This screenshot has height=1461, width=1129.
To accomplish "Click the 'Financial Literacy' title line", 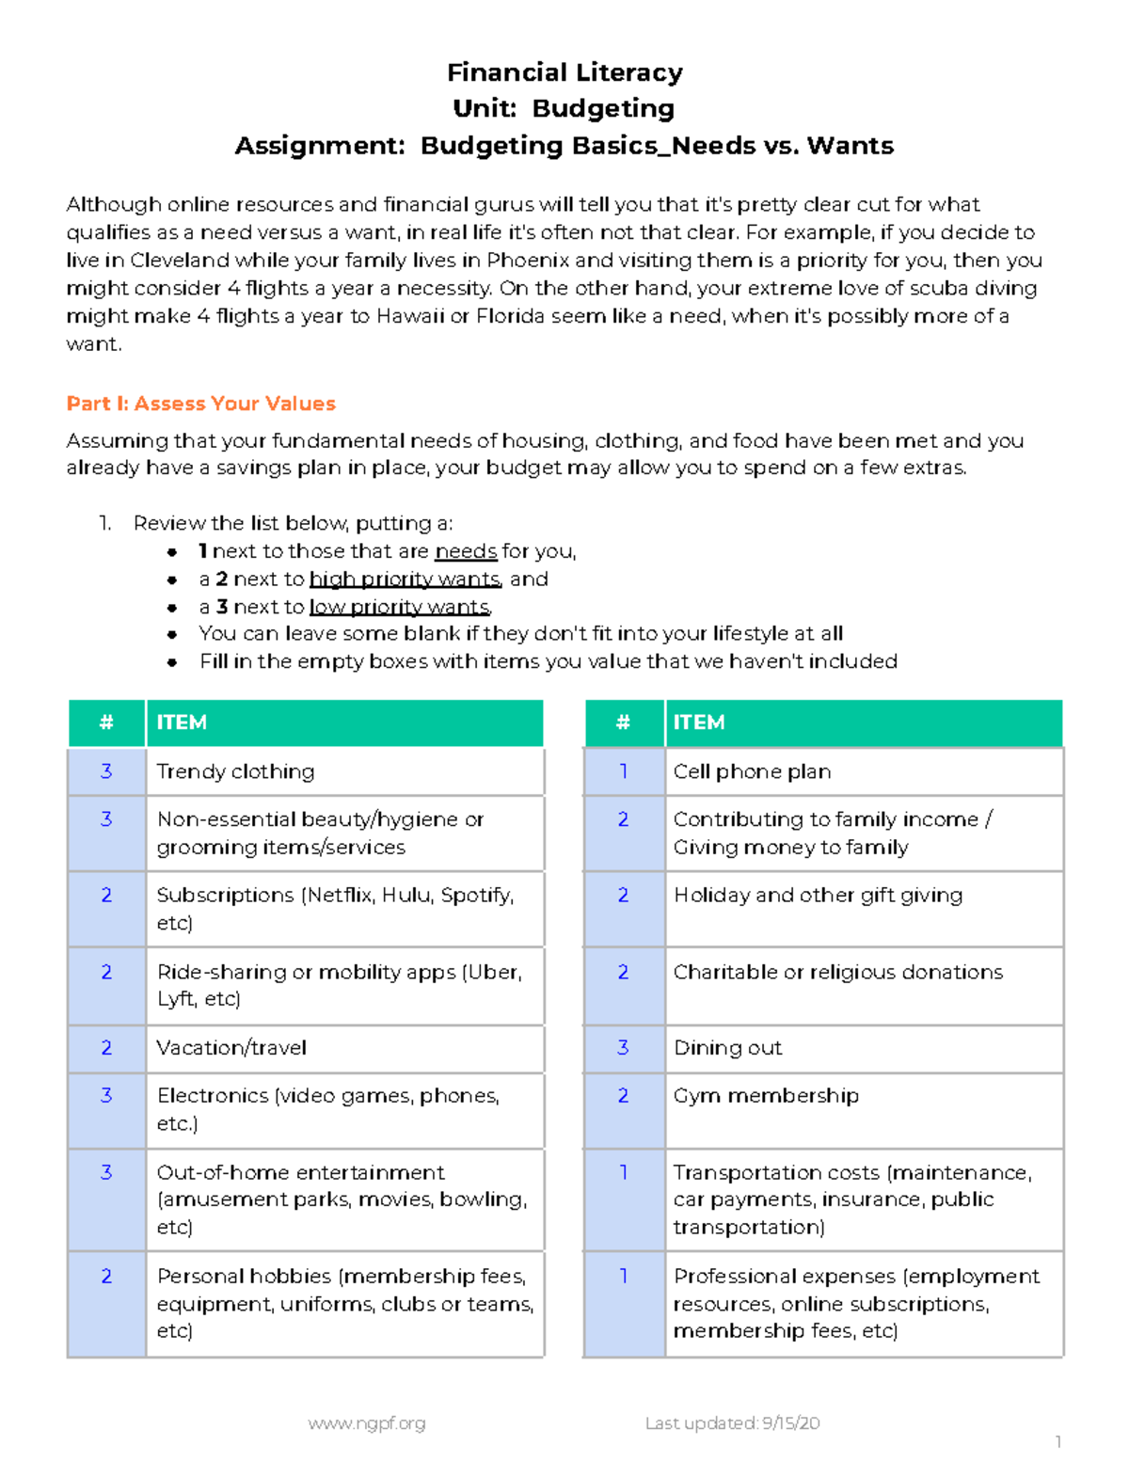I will click(x=564, y=72).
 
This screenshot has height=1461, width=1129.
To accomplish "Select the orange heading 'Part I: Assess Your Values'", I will click(x=200, y=404).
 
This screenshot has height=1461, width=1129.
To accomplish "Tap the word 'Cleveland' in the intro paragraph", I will click(x=180, y=260).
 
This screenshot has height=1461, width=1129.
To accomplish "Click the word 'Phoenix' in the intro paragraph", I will click(x=528, y=260).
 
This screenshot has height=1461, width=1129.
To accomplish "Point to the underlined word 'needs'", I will click(x=466, y=551).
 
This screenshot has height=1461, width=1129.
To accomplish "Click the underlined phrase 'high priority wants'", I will click(x=405, y=580).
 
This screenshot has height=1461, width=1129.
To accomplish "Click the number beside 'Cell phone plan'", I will click(x=623, y=771).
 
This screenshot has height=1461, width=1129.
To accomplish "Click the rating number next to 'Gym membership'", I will click(x=623, y=1096).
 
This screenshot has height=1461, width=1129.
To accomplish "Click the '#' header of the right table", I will click(x=623, y=723).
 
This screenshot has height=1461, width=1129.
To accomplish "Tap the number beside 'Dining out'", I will click(x=623, y=1048).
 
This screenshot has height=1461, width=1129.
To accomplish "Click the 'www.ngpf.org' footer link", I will click(x=367, y=1423).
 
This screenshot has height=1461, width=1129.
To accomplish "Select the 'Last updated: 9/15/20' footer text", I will click(x=732, y=1423).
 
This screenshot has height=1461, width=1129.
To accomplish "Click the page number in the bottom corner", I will click(x=1058, y=1442).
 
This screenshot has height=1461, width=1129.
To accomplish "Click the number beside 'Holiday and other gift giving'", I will click(x=623, y=896).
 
